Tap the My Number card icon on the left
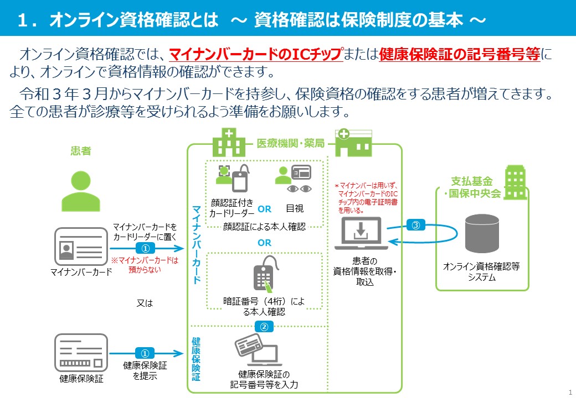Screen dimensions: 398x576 point(79,246)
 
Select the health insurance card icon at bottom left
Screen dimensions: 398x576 point(79,352)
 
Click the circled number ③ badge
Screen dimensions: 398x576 point(416,226)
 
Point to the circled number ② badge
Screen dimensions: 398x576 point(264,327)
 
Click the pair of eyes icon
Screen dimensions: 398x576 point(300,189)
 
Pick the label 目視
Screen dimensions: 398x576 point(295,209)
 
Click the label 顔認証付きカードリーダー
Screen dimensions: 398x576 point(232,208)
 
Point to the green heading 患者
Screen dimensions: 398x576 point(81,150)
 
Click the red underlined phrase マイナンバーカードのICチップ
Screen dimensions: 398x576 point(255,55)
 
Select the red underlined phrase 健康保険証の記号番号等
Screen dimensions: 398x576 point(460,55)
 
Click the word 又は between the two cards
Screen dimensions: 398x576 point(145,303)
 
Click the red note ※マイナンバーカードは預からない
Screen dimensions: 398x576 point(145,264)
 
